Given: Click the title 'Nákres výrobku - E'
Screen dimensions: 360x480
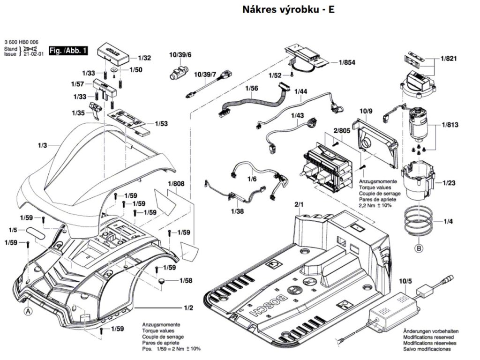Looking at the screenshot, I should [289, 10].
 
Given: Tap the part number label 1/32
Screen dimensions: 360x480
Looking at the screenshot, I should [144, 59].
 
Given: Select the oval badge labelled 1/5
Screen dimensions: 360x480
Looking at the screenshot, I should [35, 232].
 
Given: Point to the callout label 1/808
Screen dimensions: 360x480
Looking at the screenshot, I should [176, 184].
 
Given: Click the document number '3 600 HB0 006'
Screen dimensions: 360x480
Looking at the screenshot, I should [21, 42].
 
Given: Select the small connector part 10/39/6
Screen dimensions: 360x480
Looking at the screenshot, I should [178, 74].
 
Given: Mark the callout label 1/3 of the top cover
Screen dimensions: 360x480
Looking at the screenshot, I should [42, 146].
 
